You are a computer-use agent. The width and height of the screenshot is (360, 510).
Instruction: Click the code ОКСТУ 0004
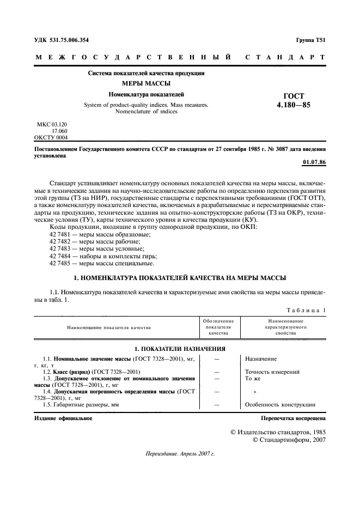(51, 137)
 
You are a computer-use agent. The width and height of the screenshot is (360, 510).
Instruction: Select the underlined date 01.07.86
(313, 162)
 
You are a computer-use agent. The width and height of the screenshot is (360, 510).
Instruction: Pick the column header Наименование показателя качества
(109, 327)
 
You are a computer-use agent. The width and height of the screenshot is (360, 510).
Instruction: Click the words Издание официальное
(55, 418)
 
